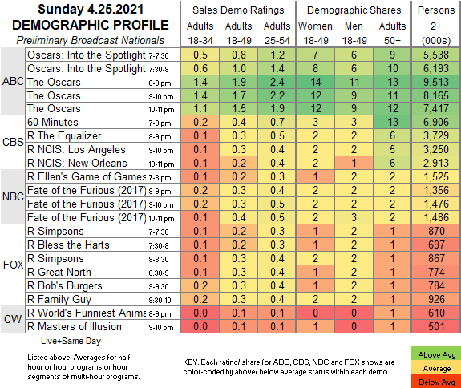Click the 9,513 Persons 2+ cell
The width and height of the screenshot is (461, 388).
(x=436, y=82)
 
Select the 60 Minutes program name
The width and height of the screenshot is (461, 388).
(x=53, y=123)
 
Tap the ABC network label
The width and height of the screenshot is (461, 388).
(x=13, y=81)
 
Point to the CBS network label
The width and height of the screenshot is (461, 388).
(x=13, y=142)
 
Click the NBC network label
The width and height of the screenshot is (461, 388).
(x=13, y=196)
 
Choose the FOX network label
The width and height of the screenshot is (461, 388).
(x=14, y=265)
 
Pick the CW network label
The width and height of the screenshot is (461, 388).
(x=13, y=319)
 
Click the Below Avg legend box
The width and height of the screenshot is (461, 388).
(x=436, y=382)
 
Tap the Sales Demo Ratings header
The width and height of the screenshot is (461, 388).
(x=238, y=10)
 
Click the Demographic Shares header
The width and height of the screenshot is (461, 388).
(x=354, y=10)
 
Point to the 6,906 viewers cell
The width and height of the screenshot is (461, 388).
(x=436, y=123)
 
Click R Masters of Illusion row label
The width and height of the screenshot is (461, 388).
(x=75, y=326)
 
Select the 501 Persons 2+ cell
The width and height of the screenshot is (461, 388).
(x=436, y=326)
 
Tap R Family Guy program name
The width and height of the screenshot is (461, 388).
(x=59, y=300)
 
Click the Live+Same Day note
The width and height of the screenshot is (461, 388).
(x=71, y=341)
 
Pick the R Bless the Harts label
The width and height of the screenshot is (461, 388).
(x=68, y=245)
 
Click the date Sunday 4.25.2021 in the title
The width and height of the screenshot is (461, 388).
(x=91, y=10)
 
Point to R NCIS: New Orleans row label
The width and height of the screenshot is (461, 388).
(x=77, y=164)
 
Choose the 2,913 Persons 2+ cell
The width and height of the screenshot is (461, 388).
(x=436, y=164)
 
